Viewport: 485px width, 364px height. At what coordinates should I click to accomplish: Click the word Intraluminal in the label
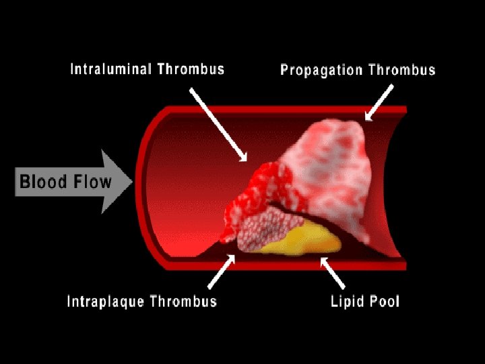point(112,69)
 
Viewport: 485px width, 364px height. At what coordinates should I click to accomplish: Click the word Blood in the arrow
point(42,182)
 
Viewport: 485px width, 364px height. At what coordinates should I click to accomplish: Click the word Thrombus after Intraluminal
point(191,69)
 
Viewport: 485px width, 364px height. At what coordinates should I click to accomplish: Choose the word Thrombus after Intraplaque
point(184,301)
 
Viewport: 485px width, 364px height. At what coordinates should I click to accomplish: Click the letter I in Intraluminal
point(73,69)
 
